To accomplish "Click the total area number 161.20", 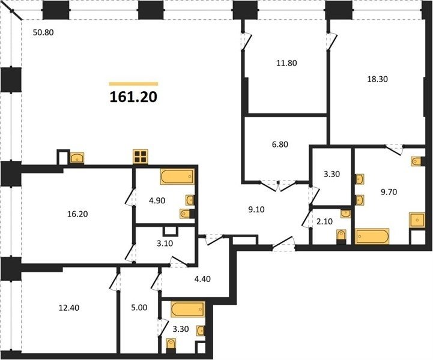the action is tap(133, 97).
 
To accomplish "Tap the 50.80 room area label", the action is tap(43, 32).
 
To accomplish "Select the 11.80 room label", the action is tap(286, 63).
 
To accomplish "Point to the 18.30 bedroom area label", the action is tap(377, 79).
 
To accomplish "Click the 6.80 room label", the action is tap(280, 144).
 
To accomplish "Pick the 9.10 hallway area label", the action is tap(256, 209).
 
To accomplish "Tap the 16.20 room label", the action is tap(77, 214).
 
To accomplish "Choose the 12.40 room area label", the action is tap(69, 308).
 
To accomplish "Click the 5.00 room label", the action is tap(139, 308).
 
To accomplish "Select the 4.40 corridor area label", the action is tap(202, 279).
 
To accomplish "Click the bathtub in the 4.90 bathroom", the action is tap(177, 176).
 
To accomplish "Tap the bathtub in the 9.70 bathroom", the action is tap(372, 236).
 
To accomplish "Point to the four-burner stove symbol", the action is tap(141, 157).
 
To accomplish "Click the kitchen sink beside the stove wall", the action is tap(77, 158).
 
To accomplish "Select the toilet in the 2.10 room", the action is tap(341, 236).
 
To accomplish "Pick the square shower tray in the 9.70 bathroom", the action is tap(417, 220).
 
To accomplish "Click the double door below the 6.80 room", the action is tap(278, 186).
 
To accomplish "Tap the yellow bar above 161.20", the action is tap(134, 84).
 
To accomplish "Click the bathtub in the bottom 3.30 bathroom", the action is tap(188, 310).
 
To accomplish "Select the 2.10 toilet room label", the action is tap(324, 221).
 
